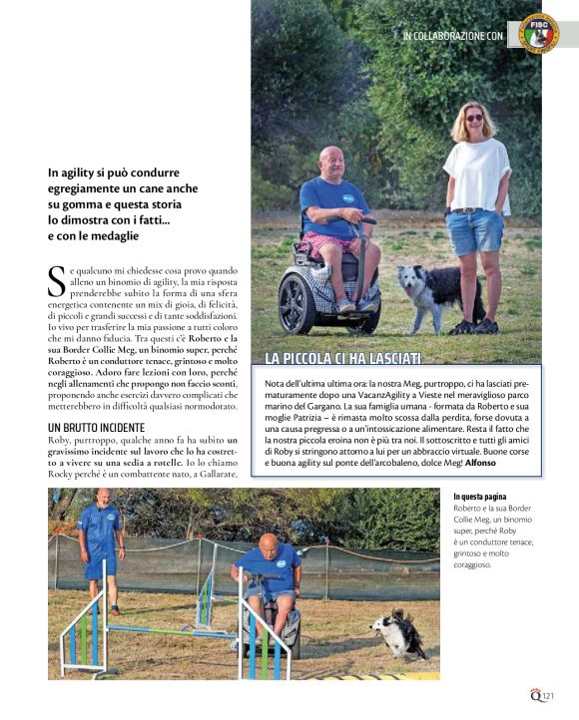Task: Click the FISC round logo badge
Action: tap(538, 33)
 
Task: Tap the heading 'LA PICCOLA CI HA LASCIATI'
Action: tap(343, 358)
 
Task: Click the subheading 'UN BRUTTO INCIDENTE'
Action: tap(96, 428)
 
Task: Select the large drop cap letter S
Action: tap(57, 281)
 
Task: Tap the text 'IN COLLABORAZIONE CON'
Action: tap(452, 36)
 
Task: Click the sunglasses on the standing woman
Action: tap(473, 118)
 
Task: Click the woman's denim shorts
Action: tap(475, 231)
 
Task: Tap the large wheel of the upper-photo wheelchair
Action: tap(299, 302)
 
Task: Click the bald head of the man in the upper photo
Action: tap(331, 161)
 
